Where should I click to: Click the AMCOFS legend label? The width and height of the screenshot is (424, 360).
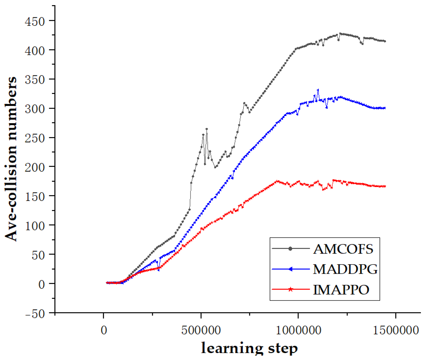coord(343,249)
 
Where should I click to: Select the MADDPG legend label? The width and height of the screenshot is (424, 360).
coord(345,269)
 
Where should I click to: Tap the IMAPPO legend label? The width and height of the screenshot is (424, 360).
coord(341,289)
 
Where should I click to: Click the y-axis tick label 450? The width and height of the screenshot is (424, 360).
coord(35,21)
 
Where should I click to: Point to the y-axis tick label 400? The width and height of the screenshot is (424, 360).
coord(35,50)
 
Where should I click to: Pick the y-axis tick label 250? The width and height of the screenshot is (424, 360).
coord(35,138)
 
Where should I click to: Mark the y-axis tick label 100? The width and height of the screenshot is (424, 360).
coord(35,226)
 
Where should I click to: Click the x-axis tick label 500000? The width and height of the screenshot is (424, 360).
coord(201,330)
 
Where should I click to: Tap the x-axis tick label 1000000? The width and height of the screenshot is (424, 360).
coord(298,330)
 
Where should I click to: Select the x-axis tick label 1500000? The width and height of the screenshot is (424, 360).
coord(396,330)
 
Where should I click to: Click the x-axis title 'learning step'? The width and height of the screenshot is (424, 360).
coord(249,348)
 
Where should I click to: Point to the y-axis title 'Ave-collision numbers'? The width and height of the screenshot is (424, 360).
coord(11,159)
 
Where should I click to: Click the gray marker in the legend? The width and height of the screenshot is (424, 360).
coord(290,249)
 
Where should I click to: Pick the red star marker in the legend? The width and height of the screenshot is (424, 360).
coord(290,289)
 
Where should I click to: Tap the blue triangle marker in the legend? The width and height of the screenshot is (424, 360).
coord(290,269)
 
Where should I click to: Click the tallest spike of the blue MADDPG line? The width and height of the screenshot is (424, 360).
coord(318,90)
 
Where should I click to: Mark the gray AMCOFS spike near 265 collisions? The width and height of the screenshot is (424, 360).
coord(207,129)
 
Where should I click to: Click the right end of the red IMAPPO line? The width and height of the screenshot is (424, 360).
coord(385,186)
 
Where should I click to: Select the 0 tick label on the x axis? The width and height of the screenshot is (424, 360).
coord(104,330)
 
